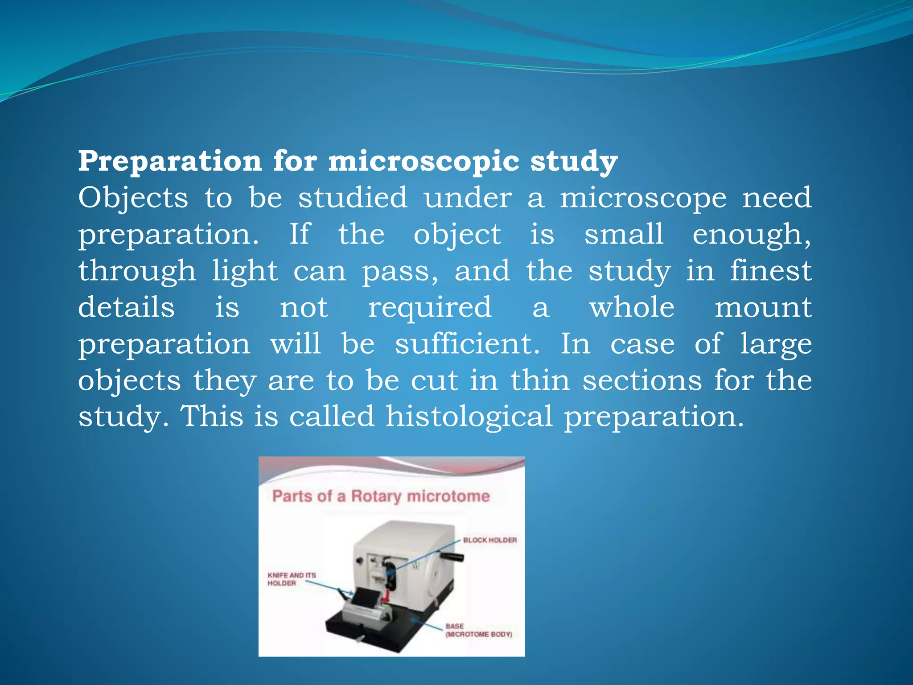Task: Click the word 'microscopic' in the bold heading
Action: coord(424,161)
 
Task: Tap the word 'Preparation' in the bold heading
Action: coord(170,161)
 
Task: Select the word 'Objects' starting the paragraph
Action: coord(133,198)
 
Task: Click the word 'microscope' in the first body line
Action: coord(643,199)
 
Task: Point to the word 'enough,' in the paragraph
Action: coord(752,235)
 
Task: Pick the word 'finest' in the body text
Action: coord(771,271)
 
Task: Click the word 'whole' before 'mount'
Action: coord(632,308)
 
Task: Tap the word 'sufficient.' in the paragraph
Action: coord(467,344)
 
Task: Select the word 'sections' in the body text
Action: coord(642,381)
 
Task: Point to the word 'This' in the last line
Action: coord(211,417)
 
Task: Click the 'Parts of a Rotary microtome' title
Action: coord(381,496)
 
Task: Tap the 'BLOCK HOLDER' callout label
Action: coord(489,540)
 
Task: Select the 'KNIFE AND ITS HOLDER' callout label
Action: coord(291,579)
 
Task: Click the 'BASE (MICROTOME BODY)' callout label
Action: coord(478,630)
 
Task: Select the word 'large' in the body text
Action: coord(776,344)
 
